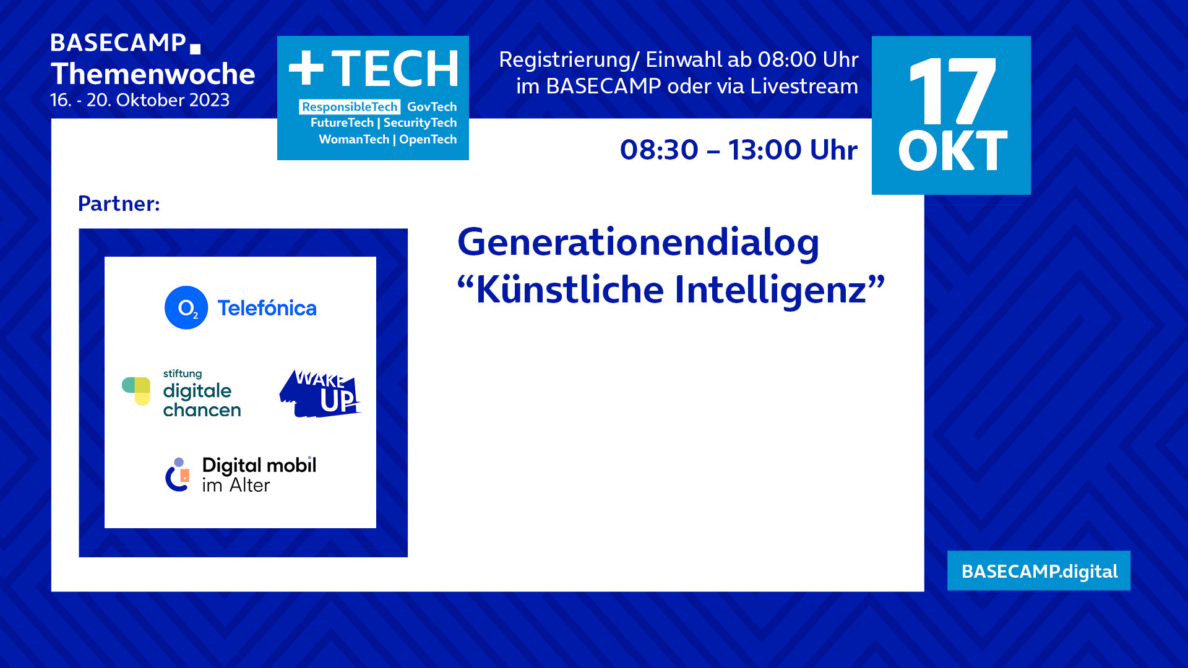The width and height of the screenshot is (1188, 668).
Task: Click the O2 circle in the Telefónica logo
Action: [x=186, y=307]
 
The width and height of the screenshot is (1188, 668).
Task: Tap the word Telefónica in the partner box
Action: [x=267, y=308]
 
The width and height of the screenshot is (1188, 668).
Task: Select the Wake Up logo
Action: [x=320, y=394]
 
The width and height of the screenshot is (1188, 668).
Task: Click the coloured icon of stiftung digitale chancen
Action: [x=137, y=391]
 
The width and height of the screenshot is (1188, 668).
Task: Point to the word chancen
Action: [x=202, y=410]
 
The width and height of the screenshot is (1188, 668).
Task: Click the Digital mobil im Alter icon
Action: [x=178, y=475]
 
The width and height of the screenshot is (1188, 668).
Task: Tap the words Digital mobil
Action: [x=259, y=465]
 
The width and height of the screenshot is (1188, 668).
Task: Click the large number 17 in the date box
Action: [x=952, y=91]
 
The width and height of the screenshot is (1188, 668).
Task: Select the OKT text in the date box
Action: [x=952, y=151]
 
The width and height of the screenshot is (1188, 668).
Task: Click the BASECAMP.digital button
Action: [x=1039, y=571]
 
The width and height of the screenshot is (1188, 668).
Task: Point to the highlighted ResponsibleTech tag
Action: [x=350, y=107]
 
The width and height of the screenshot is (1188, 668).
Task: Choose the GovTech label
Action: [x=432, y=107]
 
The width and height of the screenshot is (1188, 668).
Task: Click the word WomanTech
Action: [x=354, y=140]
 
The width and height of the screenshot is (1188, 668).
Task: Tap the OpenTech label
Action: [x=428, y=140]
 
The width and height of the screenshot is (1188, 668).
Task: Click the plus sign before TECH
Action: [x=306, y=67]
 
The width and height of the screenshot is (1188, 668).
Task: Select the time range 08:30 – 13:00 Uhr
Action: [x=739, y=150]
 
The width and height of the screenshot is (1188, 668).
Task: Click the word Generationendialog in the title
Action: [x=638, y=242]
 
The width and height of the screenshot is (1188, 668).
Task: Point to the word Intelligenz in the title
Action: [x=771, y=289]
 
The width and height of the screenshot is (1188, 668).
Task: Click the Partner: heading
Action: [x=119, y=203]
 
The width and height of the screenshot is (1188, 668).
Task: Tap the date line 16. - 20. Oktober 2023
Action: [x=140, y=100]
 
